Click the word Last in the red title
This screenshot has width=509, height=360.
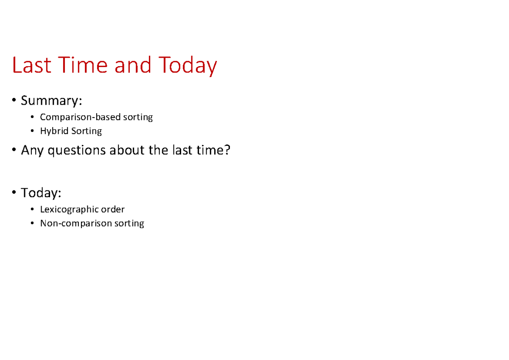31,66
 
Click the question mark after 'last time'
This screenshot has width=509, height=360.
227,150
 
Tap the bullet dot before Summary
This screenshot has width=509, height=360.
15,101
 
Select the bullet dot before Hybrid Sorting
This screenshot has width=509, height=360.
33,131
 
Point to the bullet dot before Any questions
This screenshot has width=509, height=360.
15,150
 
